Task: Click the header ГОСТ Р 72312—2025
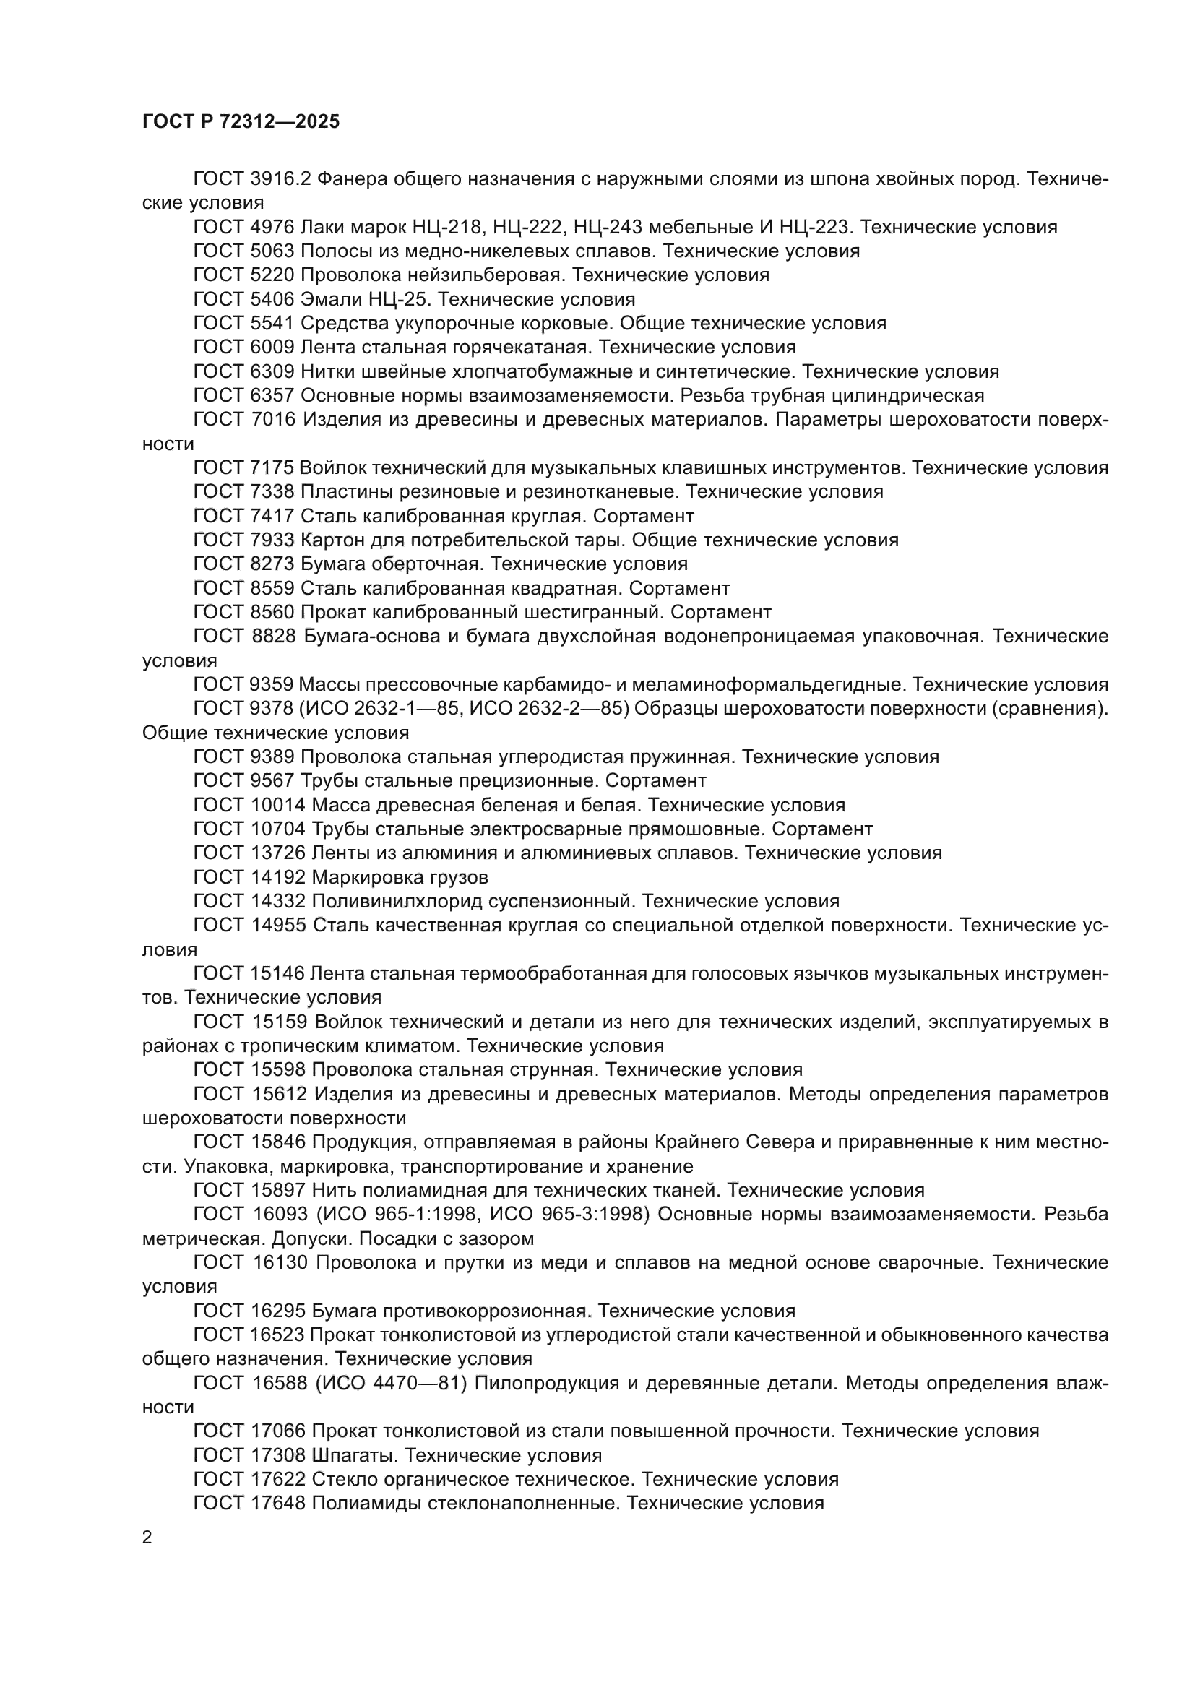241,122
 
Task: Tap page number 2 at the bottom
147,1538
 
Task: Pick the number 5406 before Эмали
272,300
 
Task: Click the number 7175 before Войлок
272,468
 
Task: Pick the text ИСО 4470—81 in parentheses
392,1383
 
